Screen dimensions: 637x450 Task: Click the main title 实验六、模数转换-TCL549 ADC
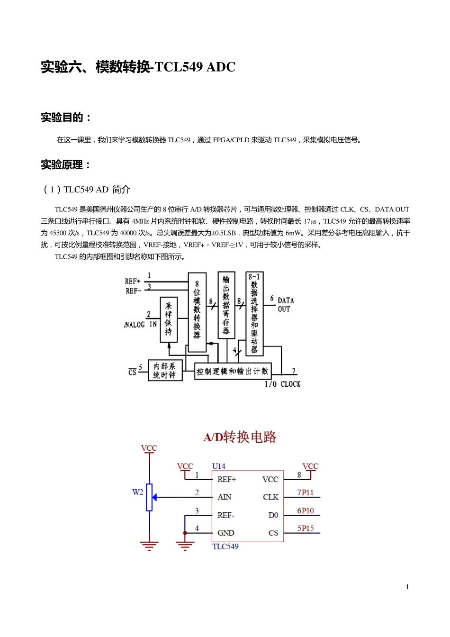pos(138,67)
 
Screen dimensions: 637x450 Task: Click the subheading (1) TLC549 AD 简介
pos(87,190)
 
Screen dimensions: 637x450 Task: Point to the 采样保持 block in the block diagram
pos(169,319)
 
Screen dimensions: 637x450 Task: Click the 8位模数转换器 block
pos(197,312)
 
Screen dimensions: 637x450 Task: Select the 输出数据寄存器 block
pos(226,305)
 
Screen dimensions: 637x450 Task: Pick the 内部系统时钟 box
pos(165,370)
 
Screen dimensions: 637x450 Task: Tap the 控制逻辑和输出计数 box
pos(232,371)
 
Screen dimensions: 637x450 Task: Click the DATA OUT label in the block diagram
pos(285,304)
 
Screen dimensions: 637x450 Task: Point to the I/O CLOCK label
pos(282,384)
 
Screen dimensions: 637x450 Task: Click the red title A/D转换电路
pos(240,437)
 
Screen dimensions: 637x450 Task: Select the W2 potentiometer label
pos(138,492)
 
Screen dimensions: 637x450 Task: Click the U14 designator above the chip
pos(219,466)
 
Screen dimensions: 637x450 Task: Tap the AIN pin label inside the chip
pos(225,497)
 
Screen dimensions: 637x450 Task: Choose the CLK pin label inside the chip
pos(270,497)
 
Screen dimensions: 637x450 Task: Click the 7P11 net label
pos(306,493)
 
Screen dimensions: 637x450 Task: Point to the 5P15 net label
pos(306,528)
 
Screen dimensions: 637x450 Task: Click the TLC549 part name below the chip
pos(225,546)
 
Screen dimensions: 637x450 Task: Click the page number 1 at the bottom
pos(407,587)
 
